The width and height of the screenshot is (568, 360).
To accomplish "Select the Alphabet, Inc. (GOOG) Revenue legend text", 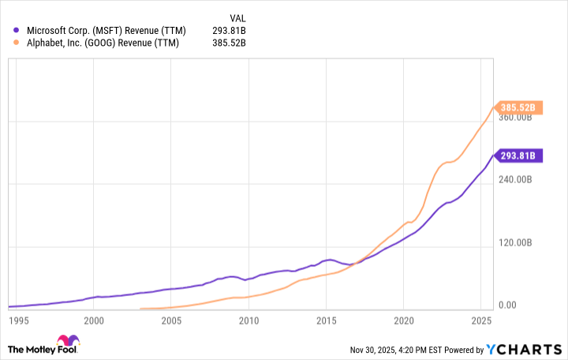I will (103, 43).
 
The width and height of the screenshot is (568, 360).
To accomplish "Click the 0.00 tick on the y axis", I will (507, 306).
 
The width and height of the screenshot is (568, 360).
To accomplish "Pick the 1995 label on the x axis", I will (19, 321).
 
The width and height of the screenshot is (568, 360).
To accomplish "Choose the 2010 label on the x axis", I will (248, 321).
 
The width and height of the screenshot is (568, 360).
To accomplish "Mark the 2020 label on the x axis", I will (403, 321).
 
